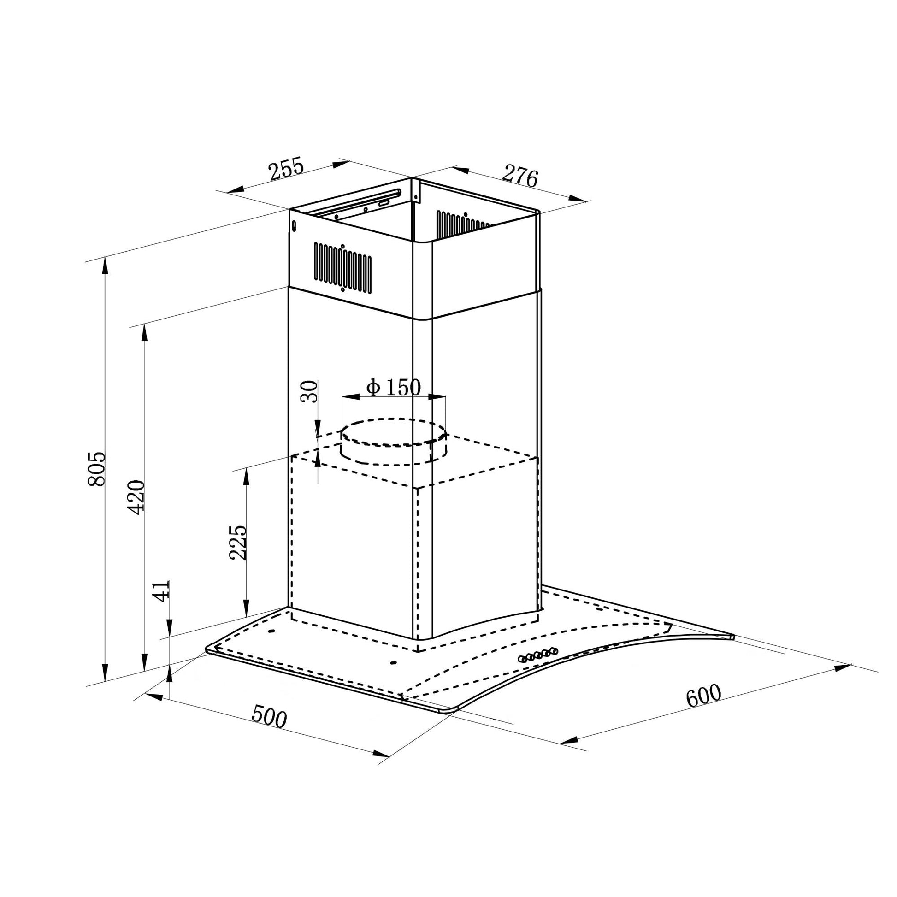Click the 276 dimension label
[519, 175]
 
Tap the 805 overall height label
[97, 468]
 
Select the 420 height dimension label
[136, 497]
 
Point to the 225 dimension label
[238, 542]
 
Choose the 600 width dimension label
[704, 696]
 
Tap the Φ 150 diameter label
[394, 387]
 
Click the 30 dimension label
[309, 391]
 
